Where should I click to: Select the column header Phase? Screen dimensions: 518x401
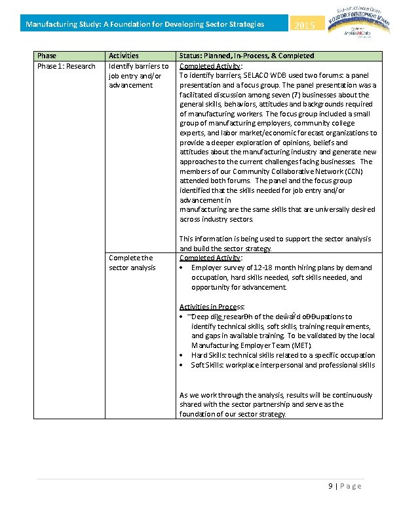(x=47, y=56)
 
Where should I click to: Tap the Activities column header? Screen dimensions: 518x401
(x=123, y=56)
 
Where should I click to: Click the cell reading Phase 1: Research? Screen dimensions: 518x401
(x=66, y=66)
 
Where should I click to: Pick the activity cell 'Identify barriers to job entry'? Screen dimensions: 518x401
(x=139, y=75)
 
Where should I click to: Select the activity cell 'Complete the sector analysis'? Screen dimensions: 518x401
(x=132, y=262)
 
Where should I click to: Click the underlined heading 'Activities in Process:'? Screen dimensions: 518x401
(x=212, y=306)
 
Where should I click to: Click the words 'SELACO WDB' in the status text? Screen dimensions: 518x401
(x=251, y=75)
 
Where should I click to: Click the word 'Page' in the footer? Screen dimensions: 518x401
(x=351, y=486)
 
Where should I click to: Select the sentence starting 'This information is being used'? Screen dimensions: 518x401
(x=275, y=243)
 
